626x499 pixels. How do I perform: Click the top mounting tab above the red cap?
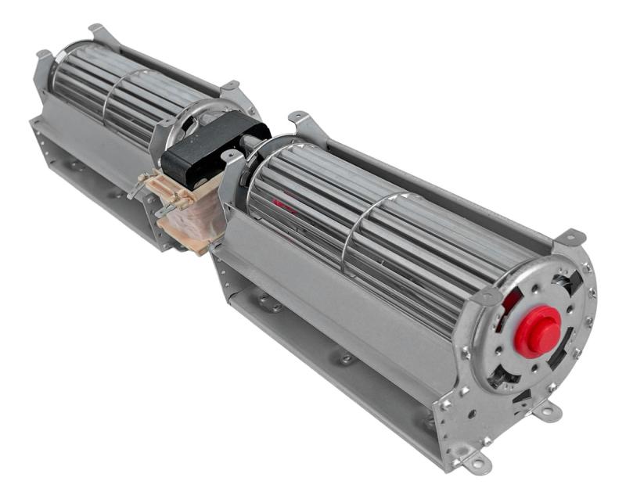tap(571, 235)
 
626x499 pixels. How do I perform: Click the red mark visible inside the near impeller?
tap(283, 210)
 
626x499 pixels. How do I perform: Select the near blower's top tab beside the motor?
tap(297, 118)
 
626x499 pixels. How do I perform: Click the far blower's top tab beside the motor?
tap(230, 85)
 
